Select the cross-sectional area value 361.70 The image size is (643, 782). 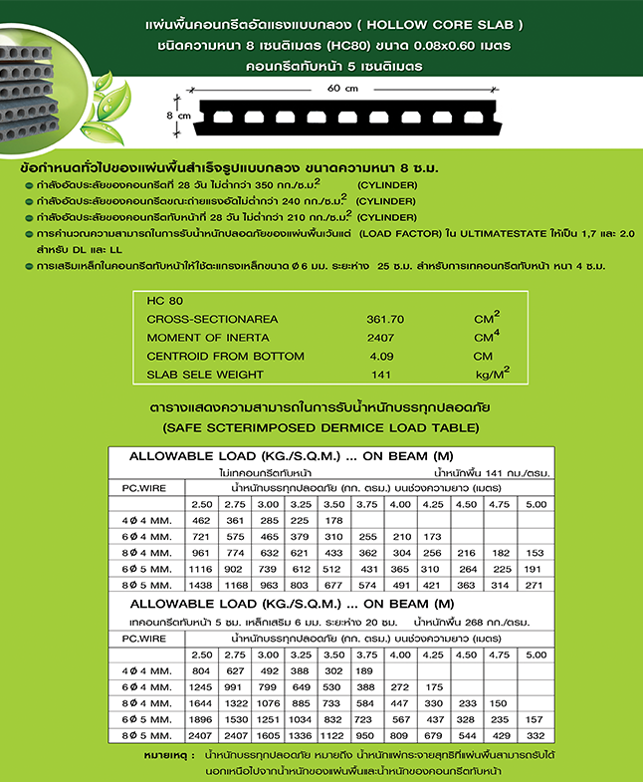(x=385, y=320)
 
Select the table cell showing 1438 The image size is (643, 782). (x=201, y=586)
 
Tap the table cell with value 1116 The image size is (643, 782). (x=201, y=569)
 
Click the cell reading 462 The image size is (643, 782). (x=201, y=520)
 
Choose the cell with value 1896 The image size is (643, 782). (x=201, y=719)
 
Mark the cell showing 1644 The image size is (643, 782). (x=201, y=703)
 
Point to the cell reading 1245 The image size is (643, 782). (x=201, y=687)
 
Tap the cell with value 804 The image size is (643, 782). (x=201, y=671)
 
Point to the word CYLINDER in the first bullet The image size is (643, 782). (x=390, y=185)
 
